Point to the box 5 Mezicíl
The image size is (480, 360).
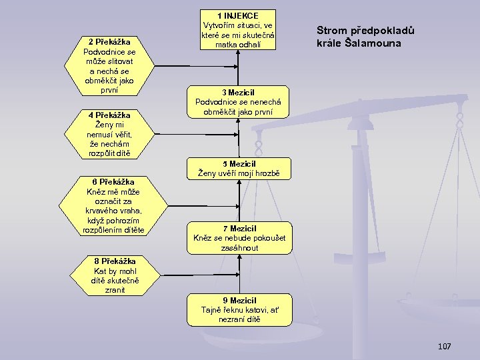coord(239,169)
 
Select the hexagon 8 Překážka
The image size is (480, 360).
coord(115,275)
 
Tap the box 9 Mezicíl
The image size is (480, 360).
coord(239,309)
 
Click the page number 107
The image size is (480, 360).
coord(444,346)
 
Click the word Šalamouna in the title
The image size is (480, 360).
coord(376,43)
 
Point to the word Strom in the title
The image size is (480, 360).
coord(331,31)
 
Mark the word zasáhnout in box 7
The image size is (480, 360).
coord(240,247)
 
